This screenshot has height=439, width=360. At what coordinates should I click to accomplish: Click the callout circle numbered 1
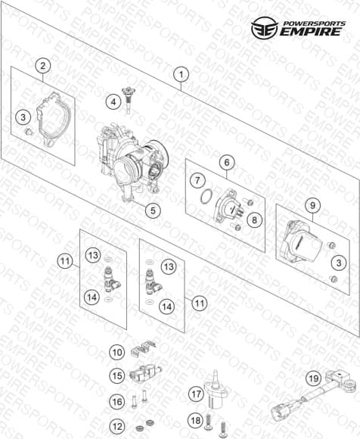[181, 74]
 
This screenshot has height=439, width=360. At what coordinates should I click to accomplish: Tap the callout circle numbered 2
[43, 66]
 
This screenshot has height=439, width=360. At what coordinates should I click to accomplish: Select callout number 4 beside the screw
[113, 102]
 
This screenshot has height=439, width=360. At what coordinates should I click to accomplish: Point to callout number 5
[153, 210]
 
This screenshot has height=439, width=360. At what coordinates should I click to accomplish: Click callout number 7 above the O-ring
[197, 180]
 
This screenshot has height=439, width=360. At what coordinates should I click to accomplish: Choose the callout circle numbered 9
[312, 206]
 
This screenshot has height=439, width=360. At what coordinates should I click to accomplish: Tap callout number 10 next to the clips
[117, 352]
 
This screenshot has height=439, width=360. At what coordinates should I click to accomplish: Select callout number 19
[313, 378]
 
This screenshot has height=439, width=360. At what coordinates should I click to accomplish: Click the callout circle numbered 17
[196, 394]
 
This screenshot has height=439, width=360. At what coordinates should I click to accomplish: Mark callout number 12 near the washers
[117, 426]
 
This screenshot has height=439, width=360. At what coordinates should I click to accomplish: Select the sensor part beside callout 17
[216, 388]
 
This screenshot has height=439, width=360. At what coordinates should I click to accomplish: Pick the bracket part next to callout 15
[145, 372]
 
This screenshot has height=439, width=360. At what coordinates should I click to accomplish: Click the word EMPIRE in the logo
[311, 31]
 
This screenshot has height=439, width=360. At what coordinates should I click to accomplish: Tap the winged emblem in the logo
[265, 28]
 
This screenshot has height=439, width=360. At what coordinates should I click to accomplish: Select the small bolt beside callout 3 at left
[29, 132]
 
